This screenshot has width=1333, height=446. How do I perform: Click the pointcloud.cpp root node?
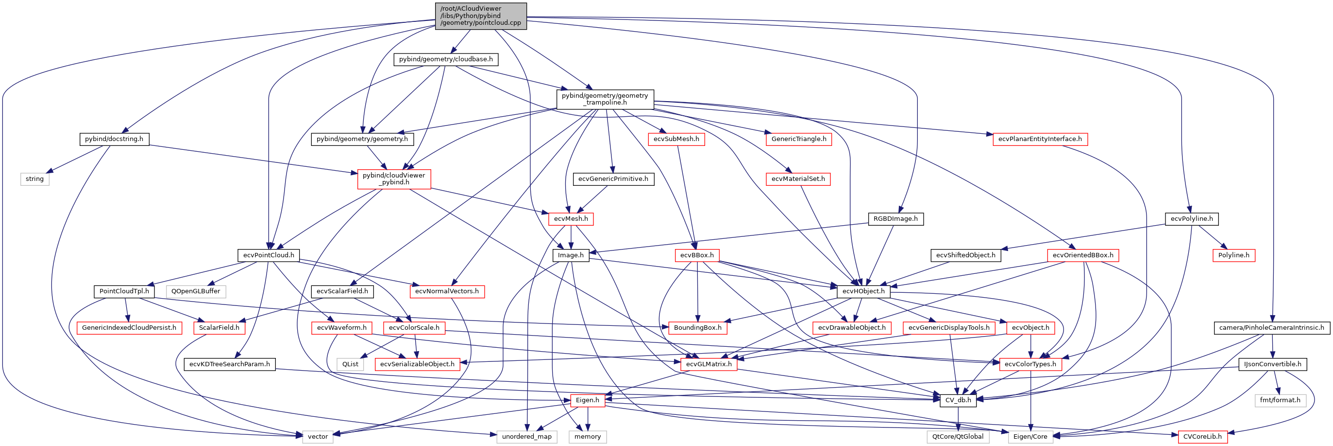click(x=481, y=16)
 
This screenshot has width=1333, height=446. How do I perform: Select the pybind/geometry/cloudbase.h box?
click(x=445, y=59)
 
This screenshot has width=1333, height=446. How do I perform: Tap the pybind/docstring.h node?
click(x=114, y=139)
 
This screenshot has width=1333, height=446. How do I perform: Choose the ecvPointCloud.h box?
click(x=269, y=255)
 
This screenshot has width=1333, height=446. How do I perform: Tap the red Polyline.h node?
click(x=1233, y=255)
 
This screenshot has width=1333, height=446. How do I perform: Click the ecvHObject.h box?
click(x=863, y=292)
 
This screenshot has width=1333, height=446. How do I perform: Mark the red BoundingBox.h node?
click(x=697, y=328)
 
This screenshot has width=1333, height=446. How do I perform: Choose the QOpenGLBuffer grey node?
click(x=196, y=292)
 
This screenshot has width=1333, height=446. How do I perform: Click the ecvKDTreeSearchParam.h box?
click(x=229, y=364)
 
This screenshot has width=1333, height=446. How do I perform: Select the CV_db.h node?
click(x=958, y=400)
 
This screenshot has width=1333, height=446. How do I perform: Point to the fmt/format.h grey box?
click(x=1280, y=400)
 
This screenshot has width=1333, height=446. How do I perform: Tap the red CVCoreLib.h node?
click(x=1202, y=437)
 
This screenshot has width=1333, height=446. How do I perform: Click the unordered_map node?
click(x=526, y=437)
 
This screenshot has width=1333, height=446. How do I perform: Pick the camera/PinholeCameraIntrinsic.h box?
click(x=1271, y=328)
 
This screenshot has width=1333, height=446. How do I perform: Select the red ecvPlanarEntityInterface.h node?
click(x=1040, y=139)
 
